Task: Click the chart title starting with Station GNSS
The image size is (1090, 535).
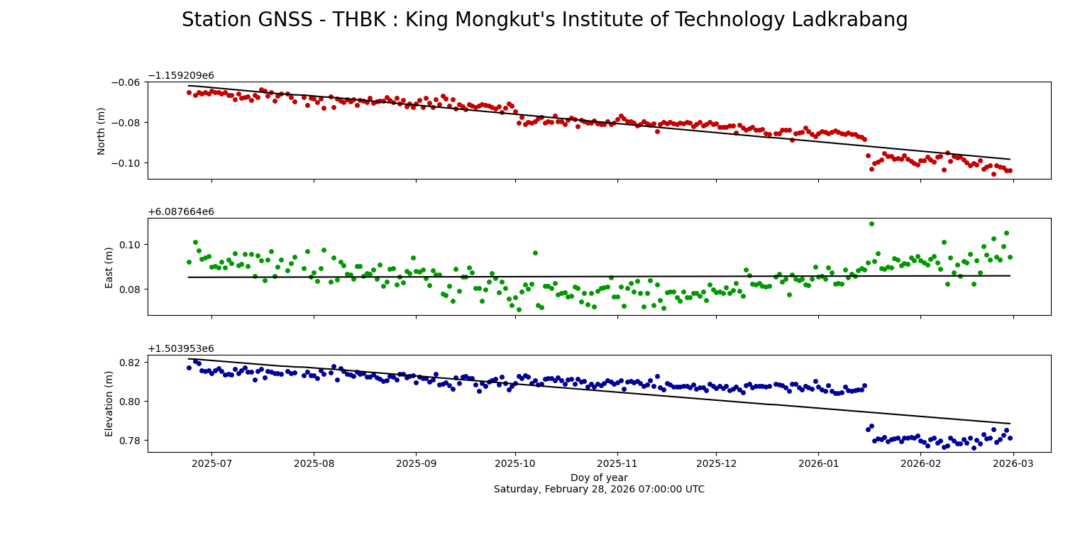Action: point(544,20)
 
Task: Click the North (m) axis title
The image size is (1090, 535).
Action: point(101,131)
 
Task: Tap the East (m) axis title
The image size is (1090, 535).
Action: point(109,267)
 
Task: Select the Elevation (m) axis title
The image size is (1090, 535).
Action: point(109,403)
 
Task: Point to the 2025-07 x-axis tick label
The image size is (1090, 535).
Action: point(211,463)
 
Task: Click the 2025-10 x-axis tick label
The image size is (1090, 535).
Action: point(515,463)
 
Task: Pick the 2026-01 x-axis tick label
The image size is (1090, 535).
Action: point(818,463)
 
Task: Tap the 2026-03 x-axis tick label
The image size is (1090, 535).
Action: point(1013,463)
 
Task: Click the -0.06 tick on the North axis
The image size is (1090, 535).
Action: point(128,82)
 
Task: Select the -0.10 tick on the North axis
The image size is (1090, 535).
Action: point(128,163)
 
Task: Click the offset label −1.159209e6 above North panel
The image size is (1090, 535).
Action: point(180,76)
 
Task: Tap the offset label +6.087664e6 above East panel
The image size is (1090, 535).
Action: point(180,212)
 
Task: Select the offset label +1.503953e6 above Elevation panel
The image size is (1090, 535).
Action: point(180,349)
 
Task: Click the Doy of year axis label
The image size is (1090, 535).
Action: point(599,478)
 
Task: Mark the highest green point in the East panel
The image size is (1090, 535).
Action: point(871,224)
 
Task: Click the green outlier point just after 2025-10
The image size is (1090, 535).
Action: point(535,253)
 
